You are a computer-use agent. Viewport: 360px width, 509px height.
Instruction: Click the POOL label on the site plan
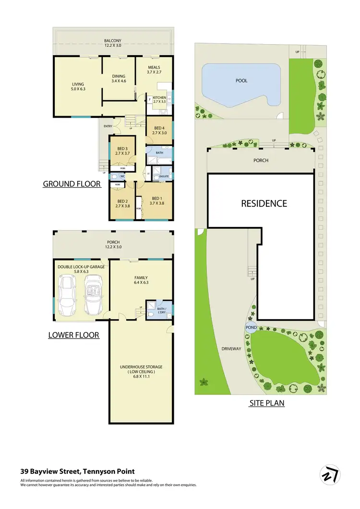pyautogui.click(x=241, y=81)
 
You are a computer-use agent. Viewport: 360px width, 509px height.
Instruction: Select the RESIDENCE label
pyautogui.click(x=264, y=203)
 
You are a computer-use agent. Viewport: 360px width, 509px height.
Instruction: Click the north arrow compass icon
pyautogui.click(x=330, y=474)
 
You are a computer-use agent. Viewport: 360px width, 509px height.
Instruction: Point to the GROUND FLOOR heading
pyautogui.click(x=72, y=184)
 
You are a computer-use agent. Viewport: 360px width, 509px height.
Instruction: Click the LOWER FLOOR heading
pyautogui.click(x=73, y=335)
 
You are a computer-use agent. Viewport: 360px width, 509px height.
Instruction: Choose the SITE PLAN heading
pyautogui.click(x=266, y=403)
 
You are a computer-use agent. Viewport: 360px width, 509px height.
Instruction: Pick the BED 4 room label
pyautogui.click(x=158, y=130)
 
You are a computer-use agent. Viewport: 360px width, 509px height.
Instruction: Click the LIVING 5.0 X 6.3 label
pyautogui.click(x=78, y=87)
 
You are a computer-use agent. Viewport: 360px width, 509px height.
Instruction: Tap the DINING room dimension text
pyautogui.click(x=118, y=82)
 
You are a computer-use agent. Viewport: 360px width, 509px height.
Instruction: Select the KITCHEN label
pyautogui.click(x=159, y=100)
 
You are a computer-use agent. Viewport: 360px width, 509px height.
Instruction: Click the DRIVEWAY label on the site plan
pyautogui.click(x=231, y=349)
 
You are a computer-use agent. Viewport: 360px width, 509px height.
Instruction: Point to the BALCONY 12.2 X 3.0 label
pyautogui.click(x=114, y=43)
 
